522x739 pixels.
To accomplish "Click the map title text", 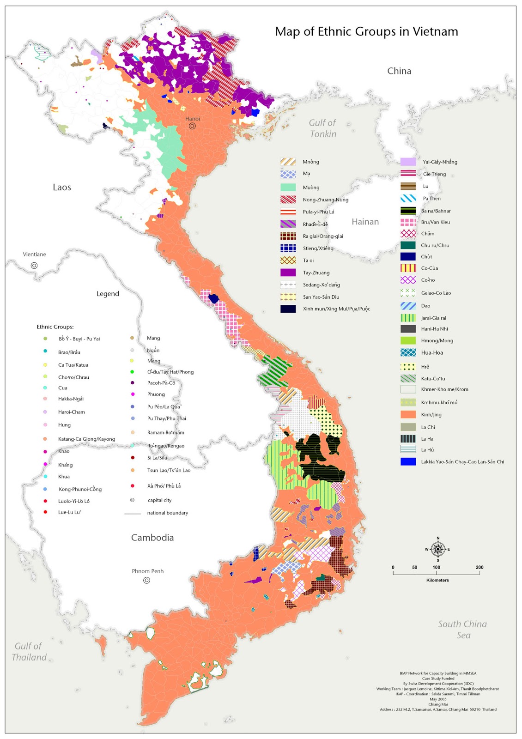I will (366, 31).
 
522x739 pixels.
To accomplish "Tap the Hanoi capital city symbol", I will (192, 126).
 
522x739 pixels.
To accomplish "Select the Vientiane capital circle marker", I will (34, 266).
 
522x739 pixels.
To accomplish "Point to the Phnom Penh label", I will (147, 571).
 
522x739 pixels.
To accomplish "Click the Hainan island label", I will (365, 222).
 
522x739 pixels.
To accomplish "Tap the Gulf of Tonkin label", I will (322, 128).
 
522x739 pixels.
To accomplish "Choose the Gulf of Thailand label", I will (29, 652).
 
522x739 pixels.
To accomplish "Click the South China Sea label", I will (462, 630).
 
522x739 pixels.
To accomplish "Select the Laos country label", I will (61, 187).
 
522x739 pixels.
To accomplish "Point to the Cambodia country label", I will (152, 538).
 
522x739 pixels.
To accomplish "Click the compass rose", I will (438, 549).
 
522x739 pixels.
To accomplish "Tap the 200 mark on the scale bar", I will (480, 567).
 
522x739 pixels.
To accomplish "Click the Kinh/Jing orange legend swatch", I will (408, 415).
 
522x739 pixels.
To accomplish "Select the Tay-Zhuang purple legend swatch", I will (288, 273).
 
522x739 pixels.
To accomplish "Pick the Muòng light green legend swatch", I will (288, 188).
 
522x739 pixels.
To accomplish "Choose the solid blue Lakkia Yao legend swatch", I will (408, 461).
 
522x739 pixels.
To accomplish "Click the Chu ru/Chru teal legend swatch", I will (408, 245).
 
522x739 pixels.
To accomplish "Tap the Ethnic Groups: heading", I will (55, 327).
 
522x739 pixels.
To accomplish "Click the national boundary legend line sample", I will (133, 514).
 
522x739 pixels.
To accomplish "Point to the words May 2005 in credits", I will (438, 699).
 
